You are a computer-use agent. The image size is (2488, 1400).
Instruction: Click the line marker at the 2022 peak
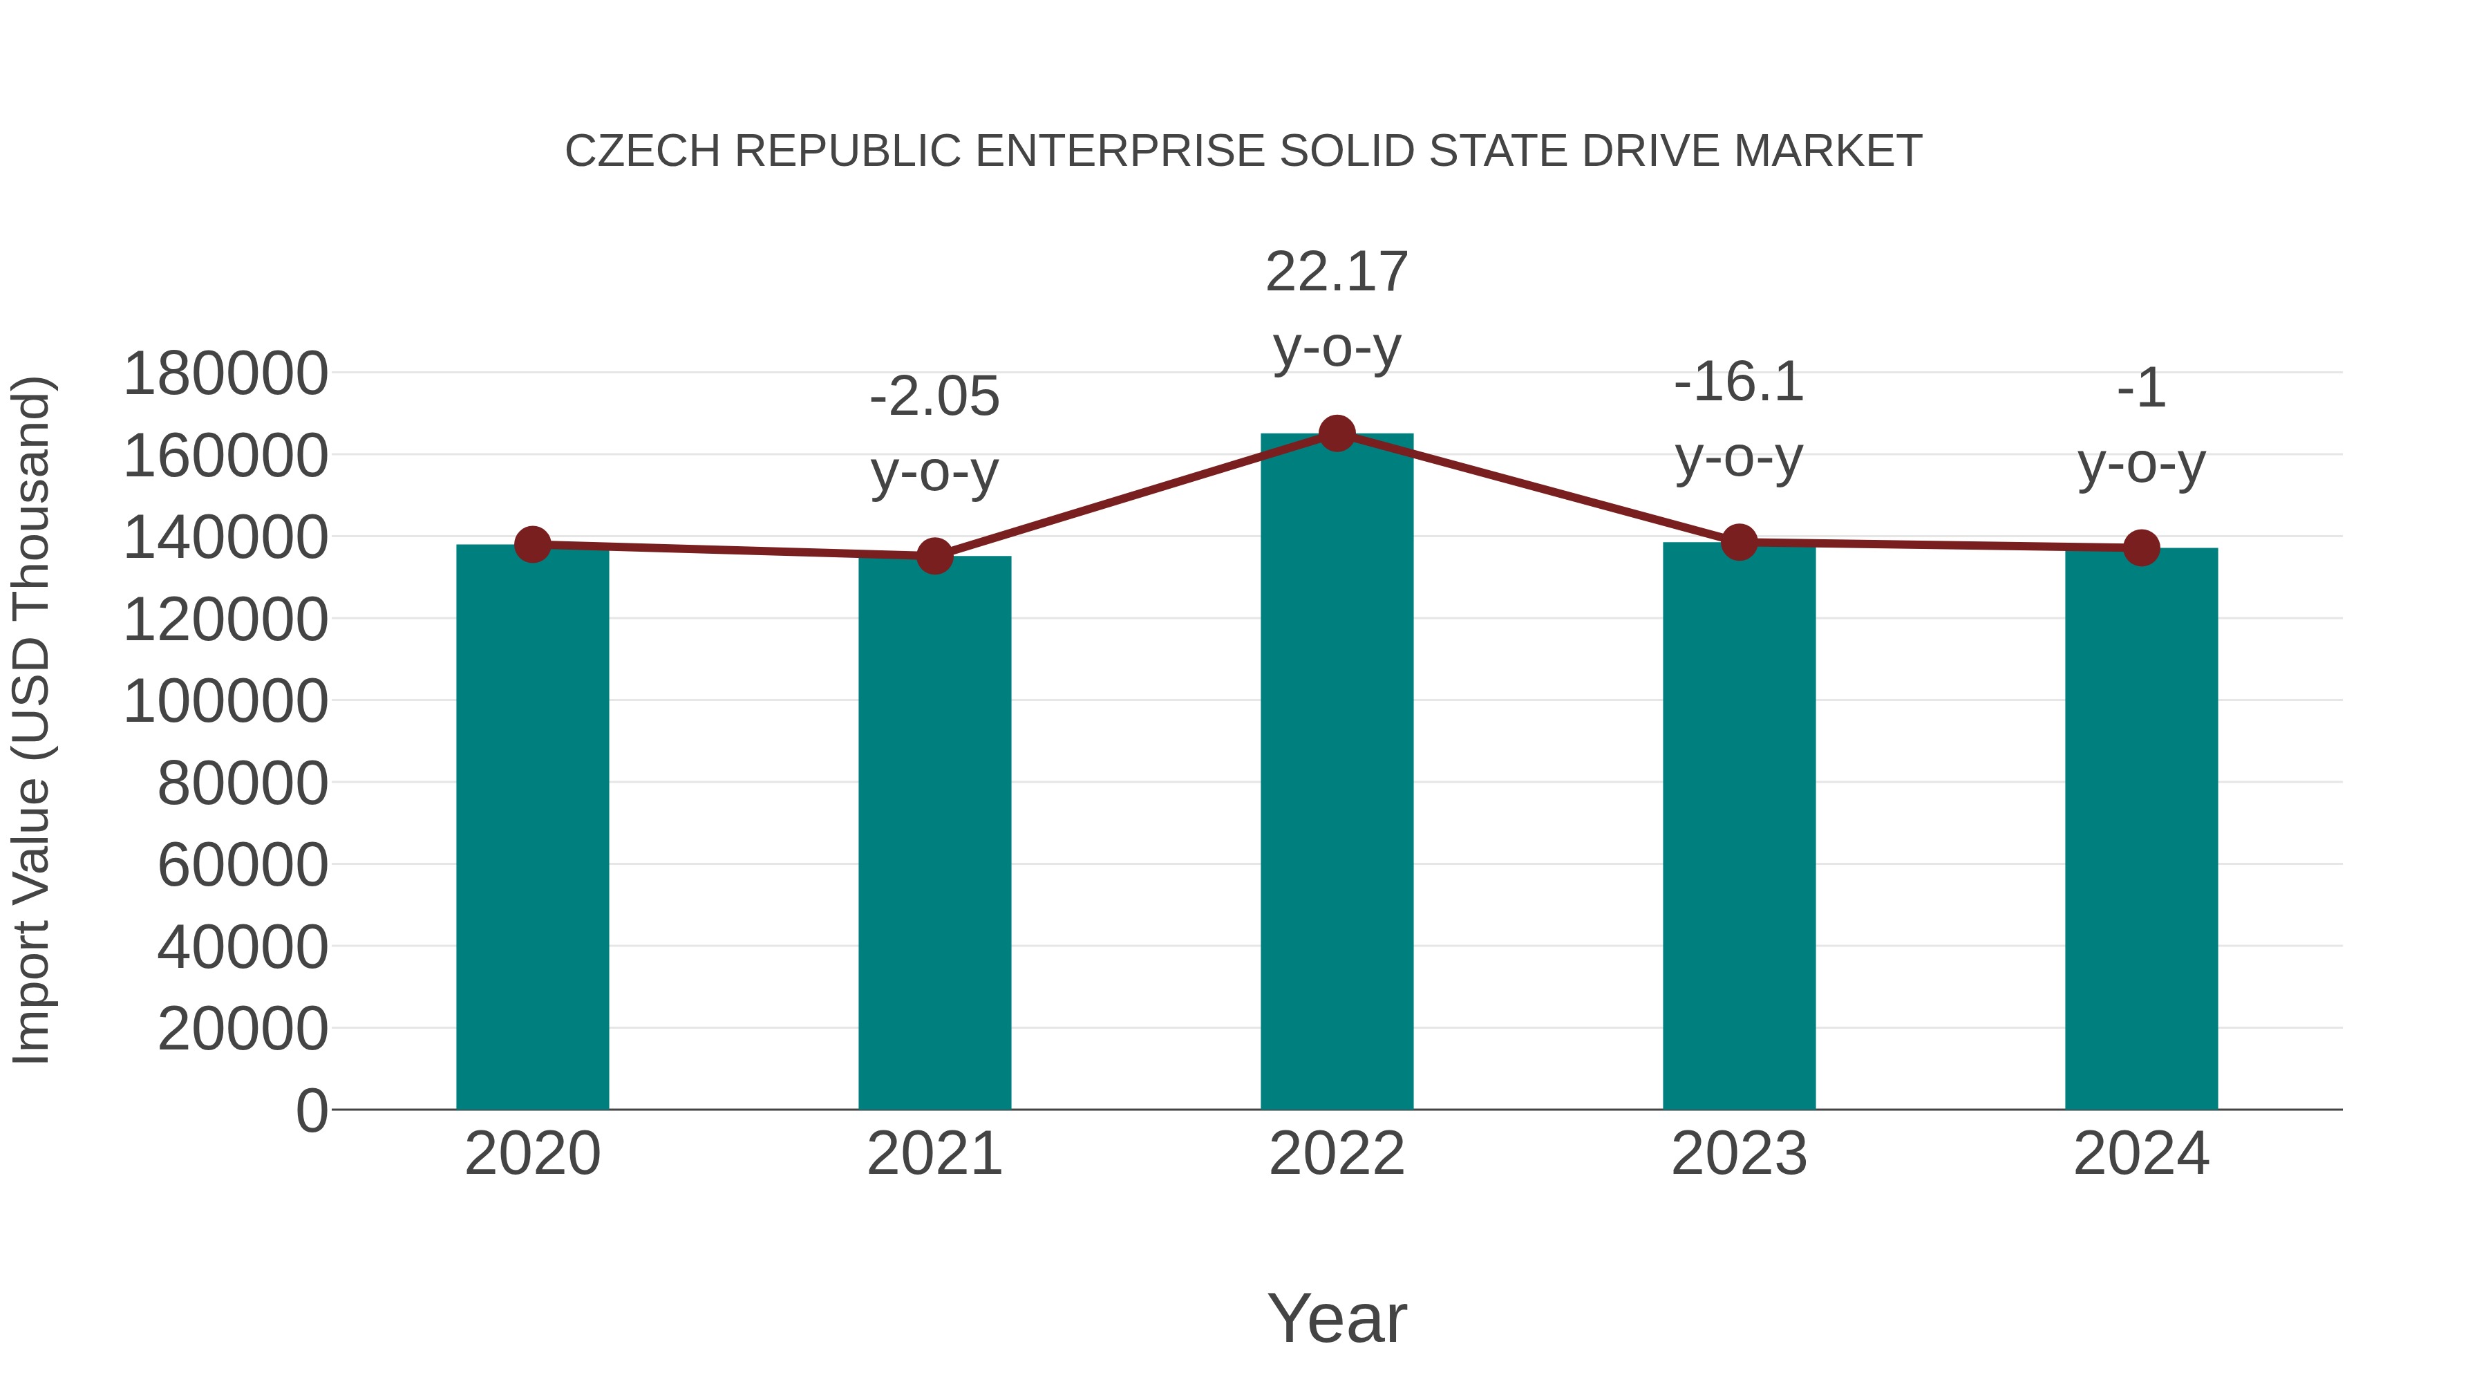pos(1337,433)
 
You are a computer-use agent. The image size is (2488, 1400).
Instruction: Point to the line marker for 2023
pos(1740,542)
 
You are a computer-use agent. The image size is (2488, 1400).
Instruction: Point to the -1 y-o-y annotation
pos(2141,426)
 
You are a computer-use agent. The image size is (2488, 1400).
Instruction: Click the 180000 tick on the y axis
pos(226,374)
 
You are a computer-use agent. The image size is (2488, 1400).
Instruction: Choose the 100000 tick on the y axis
pos(226,702)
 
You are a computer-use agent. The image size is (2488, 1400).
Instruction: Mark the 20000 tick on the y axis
pos(243,1029)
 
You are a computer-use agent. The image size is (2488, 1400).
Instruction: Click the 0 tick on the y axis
pos(312,1111)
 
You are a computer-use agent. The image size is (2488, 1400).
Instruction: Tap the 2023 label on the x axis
pos(1740,1154)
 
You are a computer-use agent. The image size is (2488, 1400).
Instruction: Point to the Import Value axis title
pos(31,720)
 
